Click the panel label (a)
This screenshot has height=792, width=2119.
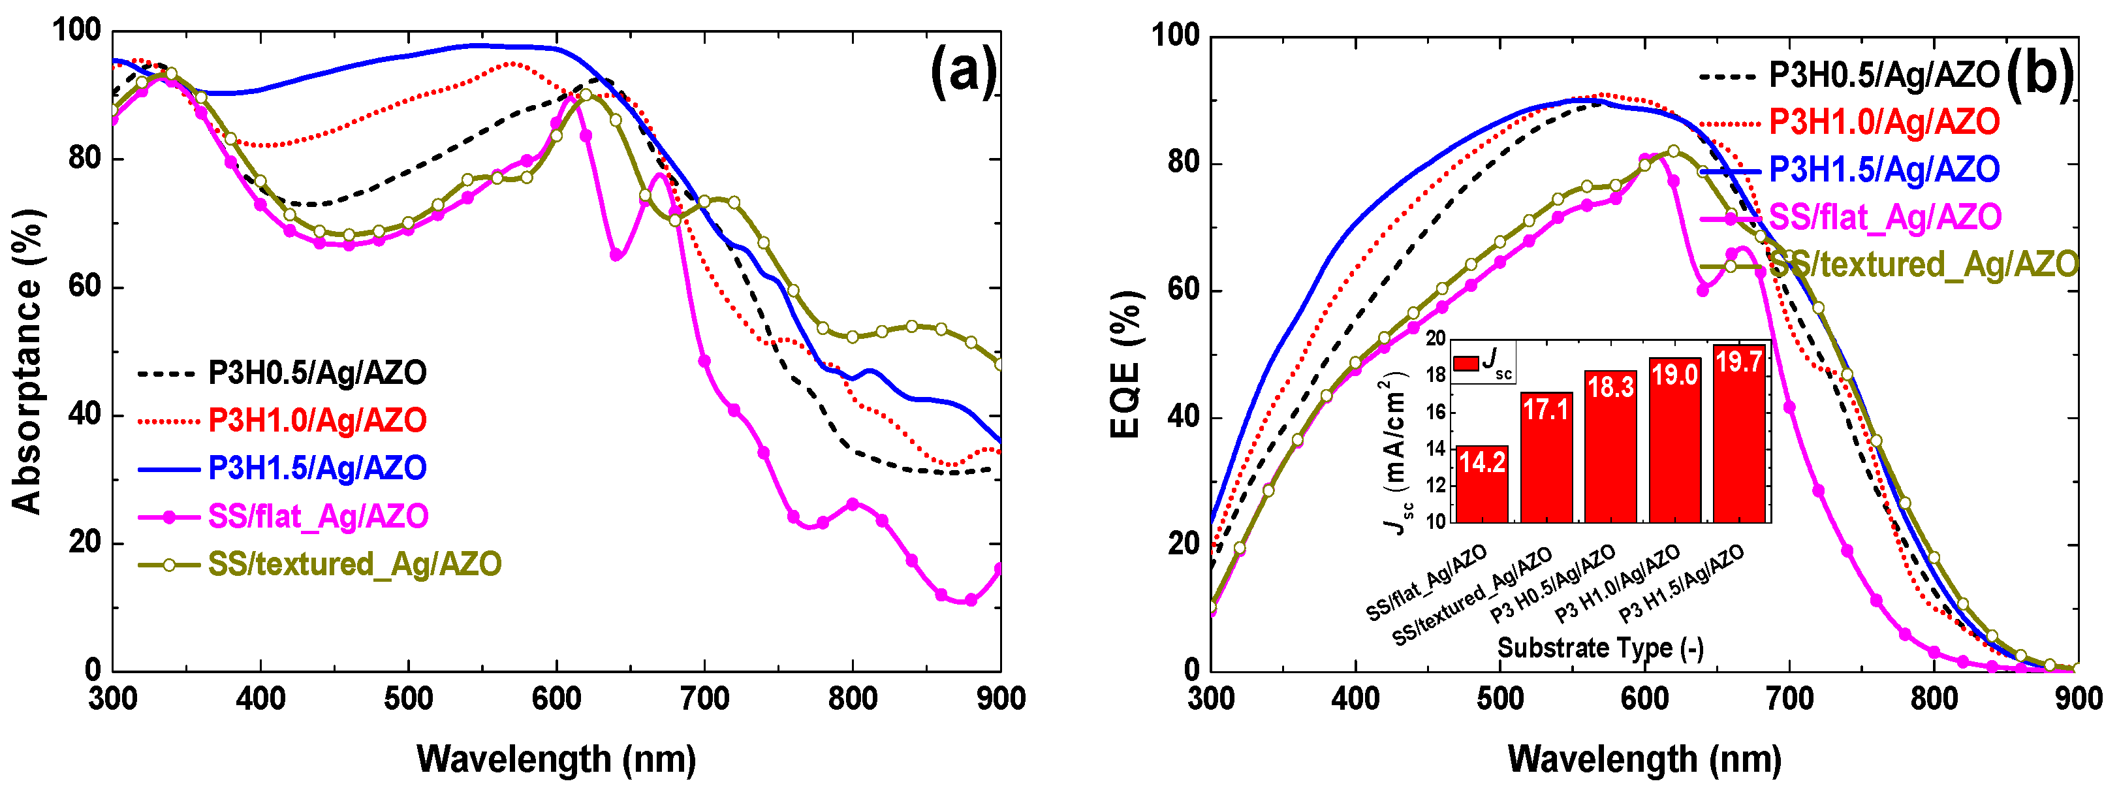[962, 72]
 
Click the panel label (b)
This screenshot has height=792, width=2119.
[2039, 74]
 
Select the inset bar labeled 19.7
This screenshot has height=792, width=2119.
[1739, 434]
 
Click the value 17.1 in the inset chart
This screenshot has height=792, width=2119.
[1546, 409]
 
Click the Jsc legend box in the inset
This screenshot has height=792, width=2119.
[1483, 362]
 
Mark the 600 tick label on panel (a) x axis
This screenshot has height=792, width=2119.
[557, 699]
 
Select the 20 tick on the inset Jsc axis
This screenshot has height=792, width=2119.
[1436, 339]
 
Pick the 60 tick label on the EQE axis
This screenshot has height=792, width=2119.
[1184, 291]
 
